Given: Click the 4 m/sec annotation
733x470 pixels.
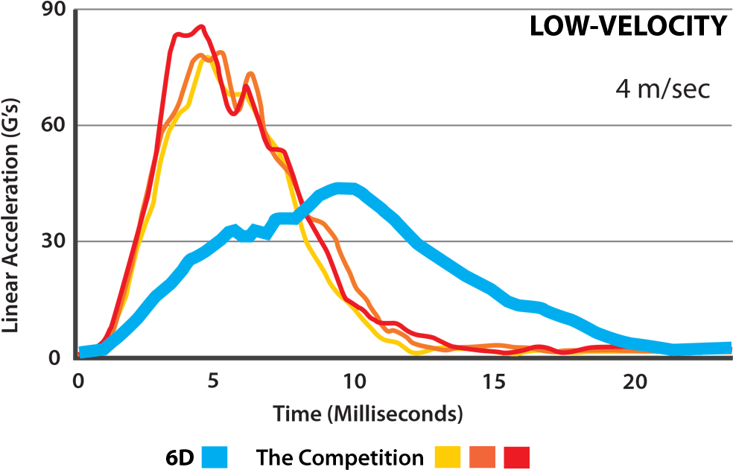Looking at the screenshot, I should click(x=662, y=89).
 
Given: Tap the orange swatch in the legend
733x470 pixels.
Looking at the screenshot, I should click(x=483, y=457).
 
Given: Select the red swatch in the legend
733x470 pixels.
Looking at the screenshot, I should click(x=516, y=457).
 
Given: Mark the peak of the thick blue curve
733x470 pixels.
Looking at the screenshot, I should click(x=344, y=187).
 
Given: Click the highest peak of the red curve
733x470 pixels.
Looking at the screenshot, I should click(x=200, y=26).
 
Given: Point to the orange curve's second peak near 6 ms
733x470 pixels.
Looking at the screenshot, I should click(x=250, y=73).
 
